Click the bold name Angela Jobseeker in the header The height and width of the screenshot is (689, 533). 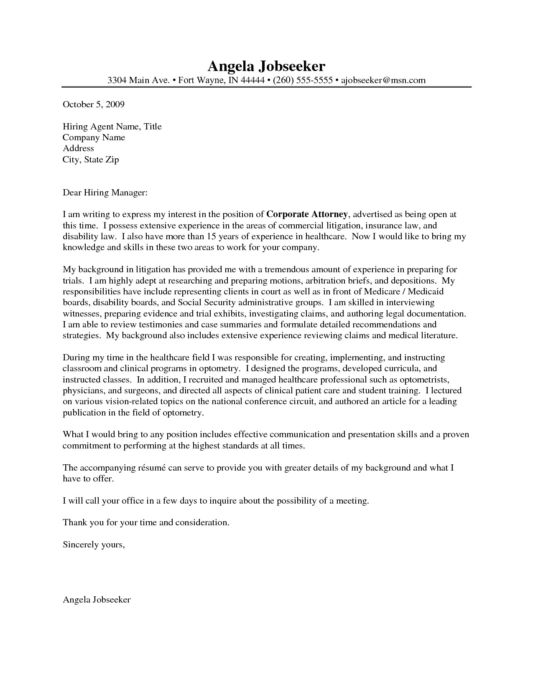pos(266,66)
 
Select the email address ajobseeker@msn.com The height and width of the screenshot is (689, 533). pos(383,80)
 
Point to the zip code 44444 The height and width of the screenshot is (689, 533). pos(252,80)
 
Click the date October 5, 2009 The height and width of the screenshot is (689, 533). pos(94,104)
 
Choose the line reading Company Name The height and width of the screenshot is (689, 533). pos(94,137)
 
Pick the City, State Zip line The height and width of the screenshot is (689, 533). pos(91,160)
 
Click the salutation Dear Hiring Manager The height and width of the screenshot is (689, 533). pos(105,193)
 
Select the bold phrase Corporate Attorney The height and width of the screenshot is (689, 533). pos(307,215)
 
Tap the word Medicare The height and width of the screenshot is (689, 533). pos(383,291)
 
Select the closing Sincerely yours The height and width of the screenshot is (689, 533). pos(94,545)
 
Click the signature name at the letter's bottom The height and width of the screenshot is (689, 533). pos(97,600)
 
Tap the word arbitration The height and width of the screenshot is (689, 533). pos(332,281)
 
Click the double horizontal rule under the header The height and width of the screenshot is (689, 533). pos(266,87)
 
